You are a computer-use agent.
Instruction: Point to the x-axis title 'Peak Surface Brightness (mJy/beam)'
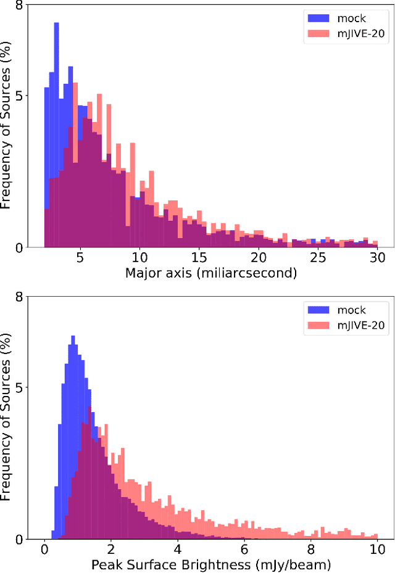[211, 564]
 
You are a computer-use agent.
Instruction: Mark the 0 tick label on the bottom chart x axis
[44, 548]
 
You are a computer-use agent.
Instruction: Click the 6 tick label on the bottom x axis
[244, 548]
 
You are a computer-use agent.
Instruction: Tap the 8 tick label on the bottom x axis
[310, 548]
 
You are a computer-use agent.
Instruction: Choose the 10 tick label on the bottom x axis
[376, 548]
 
